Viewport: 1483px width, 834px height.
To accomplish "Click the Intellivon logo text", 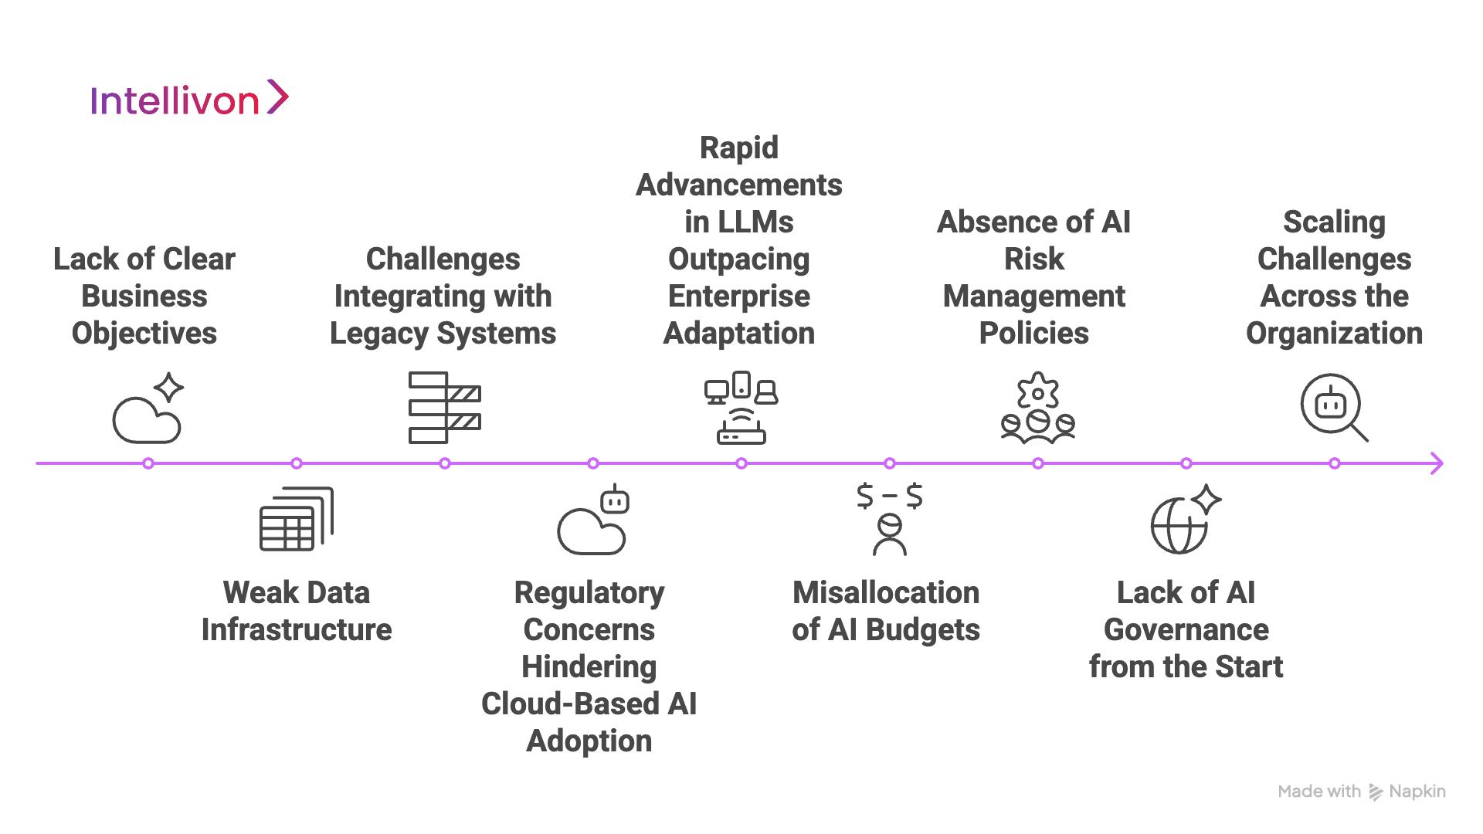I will click(175, 101).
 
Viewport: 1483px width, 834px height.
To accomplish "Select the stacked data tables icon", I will click(297, 519).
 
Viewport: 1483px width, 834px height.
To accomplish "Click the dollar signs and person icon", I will click(890, 519).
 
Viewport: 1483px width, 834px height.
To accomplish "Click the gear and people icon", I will click(1038, 409).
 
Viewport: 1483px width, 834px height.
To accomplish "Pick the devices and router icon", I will click(741, 408).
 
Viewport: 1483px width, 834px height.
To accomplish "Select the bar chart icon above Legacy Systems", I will click(444, 408).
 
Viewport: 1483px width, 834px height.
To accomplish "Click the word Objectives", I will click(144, 334).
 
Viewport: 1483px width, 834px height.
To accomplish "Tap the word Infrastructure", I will click(297, 630).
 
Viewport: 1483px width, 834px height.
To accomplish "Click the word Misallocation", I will click(886, 593).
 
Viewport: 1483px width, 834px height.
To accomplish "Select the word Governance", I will click(1186, 630).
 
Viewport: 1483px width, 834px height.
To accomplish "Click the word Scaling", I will click(1334, 222).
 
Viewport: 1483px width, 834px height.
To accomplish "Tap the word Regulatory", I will click(589, 593).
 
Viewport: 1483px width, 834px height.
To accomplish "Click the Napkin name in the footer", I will click(1417, 792).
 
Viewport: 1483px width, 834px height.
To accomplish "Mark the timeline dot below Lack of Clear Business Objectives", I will click(148, 463).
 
